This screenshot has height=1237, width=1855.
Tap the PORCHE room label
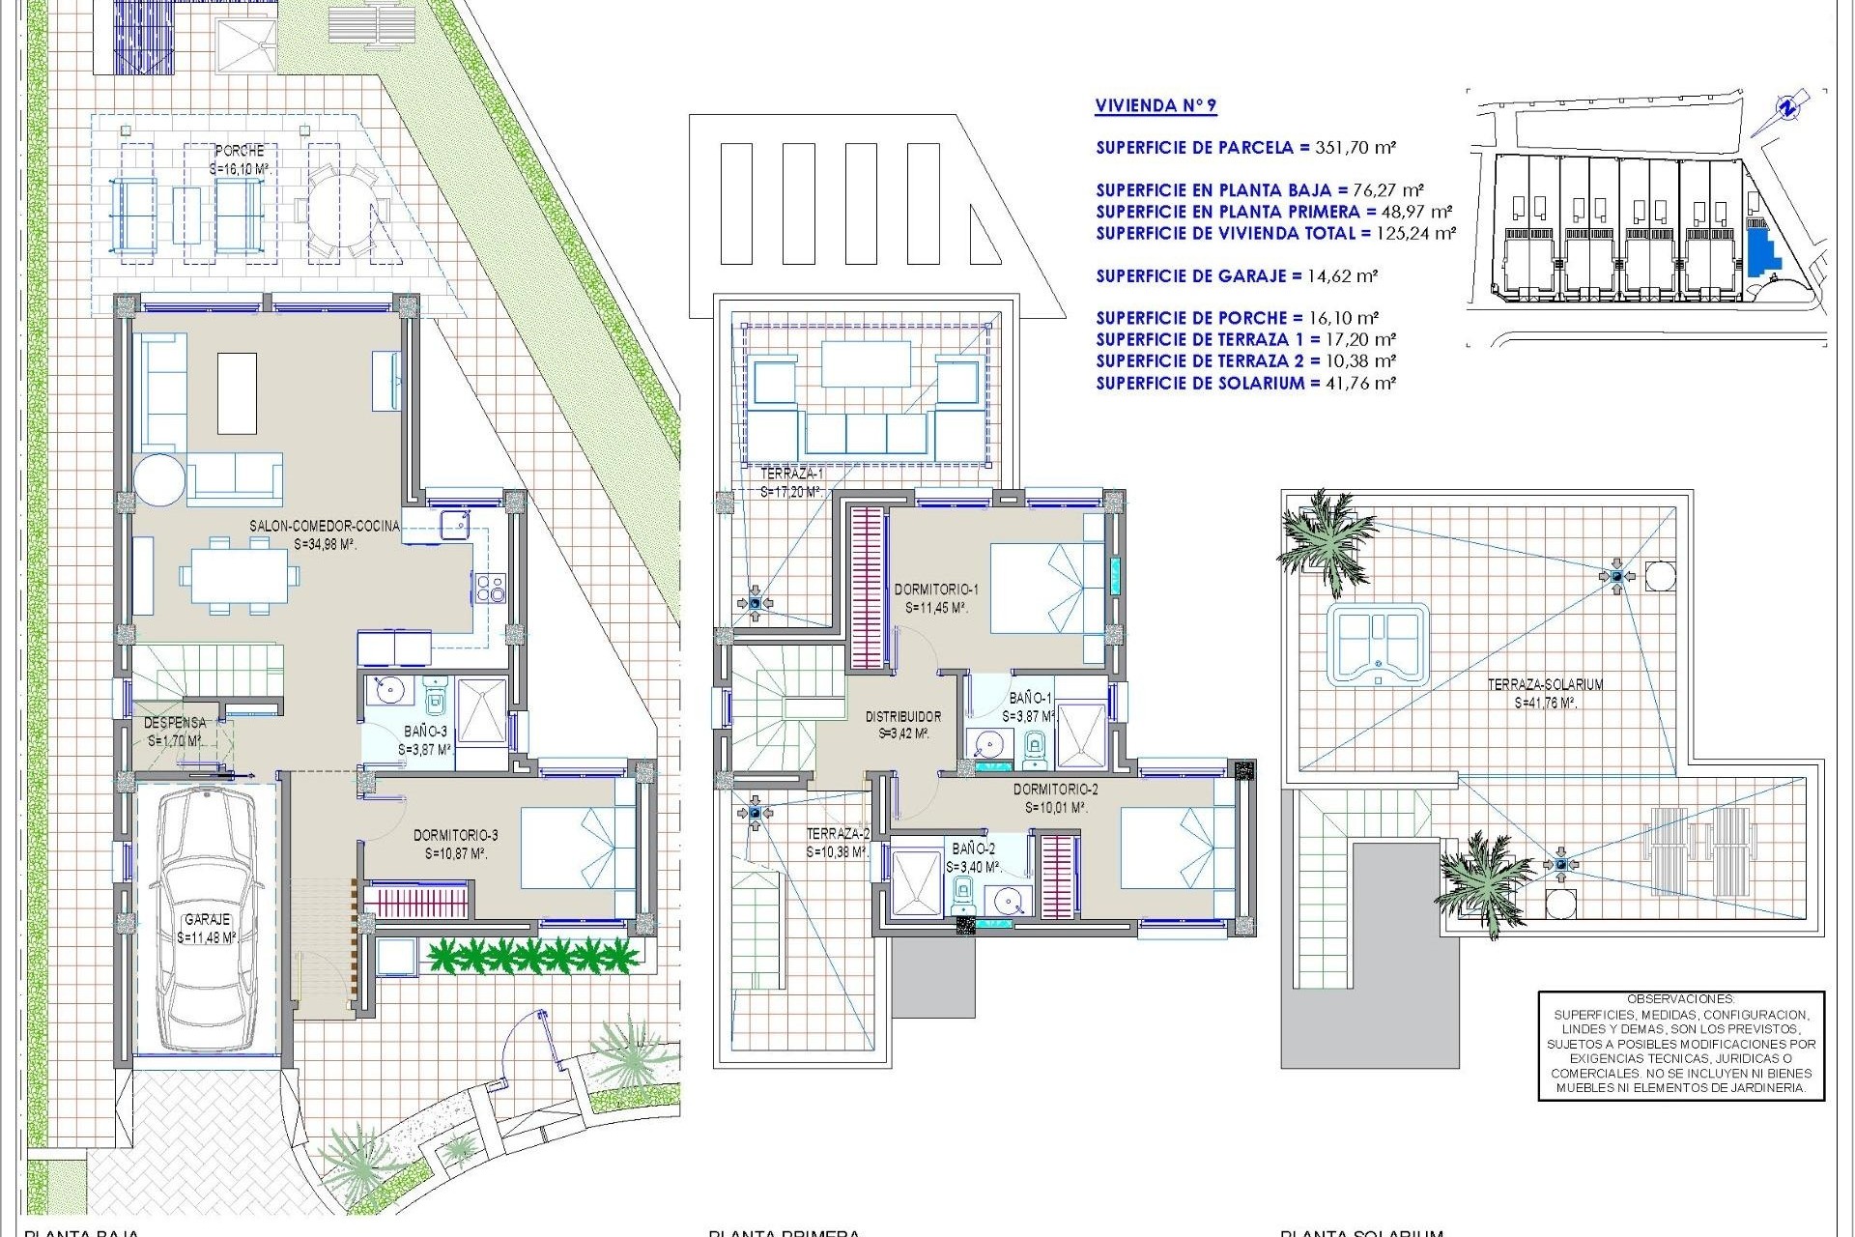239,152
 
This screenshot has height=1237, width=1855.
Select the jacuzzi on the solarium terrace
1377,644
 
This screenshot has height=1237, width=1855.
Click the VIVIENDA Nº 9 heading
1156,106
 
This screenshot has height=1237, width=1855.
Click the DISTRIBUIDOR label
902,717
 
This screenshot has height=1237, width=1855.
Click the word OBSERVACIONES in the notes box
1680,999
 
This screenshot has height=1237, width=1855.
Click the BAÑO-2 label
973,849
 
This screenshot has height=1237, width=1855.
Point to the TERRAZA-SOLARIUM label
1545,684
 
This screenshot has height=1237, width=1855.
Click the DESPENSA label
175,723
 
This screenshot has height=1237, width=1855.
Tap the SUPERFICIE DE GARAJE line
1237,276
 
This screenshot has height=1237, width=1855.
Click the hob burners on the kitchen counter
490,587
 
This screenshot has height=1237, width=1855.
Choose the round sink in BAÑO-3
392,692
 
